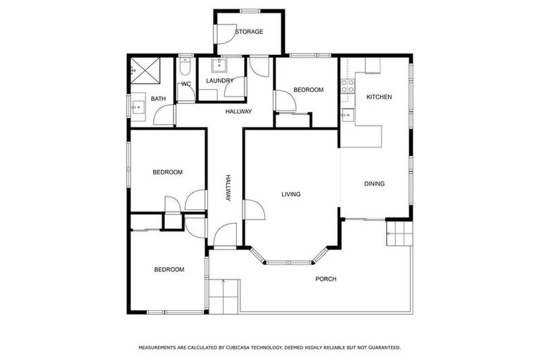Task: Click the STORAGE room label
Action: pyautogui.click(x=249, y=32)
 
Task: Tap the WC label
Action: pyautogui.click(x=186, y=84)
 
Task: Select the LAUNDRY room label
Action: pyautogui.click(x=219, y=81)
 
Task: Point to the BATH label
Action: pyautogui.click(x=157, y=99)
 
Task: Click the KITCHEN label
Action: pyautogui.click(x=379, y=97)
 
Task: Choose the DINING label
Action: pyautogui.click(x=374, y=184)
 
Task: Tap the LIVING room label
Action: pyautogui.click(x=291, y=195)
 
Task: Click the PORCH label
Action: pyautogui.click(x=326, y=279)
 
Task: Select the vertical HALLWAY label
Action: pyautogui.click(x=228, y=188)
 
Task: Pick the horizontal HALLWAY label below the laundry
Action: pyautogui.click(x=238, y=112)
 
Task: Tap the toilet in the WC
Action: pyautogui.click(x=185, y=67)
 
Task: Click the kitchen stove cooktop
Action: pyautogui.click(x=347, y=86)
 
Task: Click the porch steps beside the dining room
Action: pyautogui.click(x=397, y=233)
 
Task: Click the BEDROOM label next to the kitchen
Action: pyautogui.click(x=308, y=90)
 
